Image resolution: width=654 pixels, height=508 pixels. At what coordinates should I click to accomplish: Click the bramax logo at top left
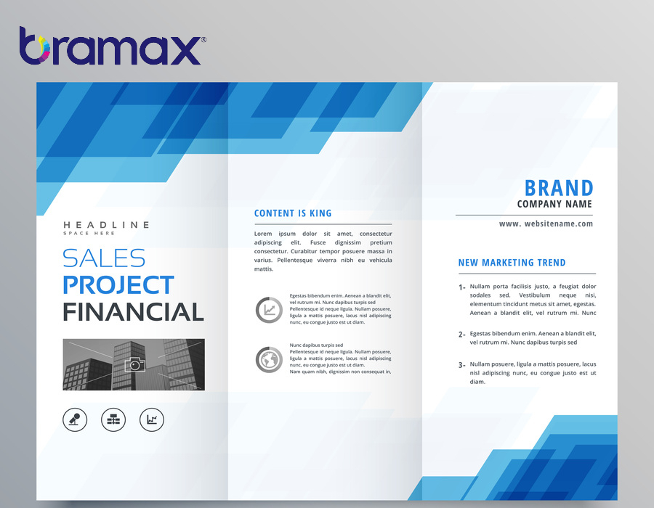pos(113,46)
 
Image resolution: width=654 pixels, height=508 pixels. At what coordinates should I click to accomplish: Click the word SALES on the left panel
pos(104,258)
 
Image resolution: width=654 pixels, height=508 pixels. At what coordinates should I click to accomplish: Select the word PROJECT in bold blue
pos(118,284)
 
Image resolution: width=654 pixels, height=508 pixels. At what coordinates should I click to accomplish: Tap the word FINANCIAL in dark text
pos(134,312)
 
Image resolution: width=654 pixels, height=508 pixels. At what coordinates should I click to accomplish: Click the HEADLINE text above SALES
pos(106,225)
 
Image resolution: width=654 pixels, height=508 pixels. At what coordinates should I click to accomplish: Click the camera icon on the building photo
pos(135,364)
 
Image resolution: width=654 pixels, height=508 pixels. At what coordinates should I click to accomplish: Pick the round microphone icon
pos(75,419)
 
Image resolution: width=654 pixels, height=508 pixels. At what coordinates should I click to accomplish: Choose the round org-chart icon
pos(113,419)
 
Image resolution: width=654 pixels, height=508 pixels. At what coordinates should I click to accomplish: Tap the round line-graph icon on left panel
pos(152,419)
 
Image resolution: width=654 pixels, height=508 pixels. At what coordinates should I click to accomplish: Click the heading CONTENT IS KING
pos(293,213)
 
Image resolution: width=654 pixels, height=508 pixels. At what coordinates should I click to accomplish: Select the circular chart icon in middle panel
pos(269,310)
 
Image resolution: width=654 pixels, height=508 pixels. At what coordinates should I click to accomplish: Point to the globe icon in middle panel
pos(269,359)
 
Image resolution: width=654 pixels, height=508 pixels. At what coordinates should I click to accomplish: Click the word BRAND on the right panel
pos(559,188)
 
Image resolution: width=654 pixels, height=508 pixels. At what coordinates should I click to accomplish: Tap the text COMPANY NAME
pos(554,204)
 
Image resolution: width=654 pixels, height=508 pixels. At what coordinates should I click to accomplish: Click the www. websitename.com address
pos(546,224)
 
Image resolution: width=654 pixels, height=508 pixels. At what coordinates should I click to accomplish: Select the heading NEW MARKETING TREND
pos(512,263)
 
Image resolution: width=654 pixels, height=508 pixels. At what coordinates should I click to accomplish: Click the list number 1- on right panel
pos(461,287)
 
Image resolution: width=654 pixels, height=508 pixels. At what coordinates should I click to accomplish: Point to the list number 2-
pos(461,335)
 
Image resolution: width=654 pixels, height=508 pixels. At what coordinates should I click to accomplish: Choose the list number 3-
pos(461,365)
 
